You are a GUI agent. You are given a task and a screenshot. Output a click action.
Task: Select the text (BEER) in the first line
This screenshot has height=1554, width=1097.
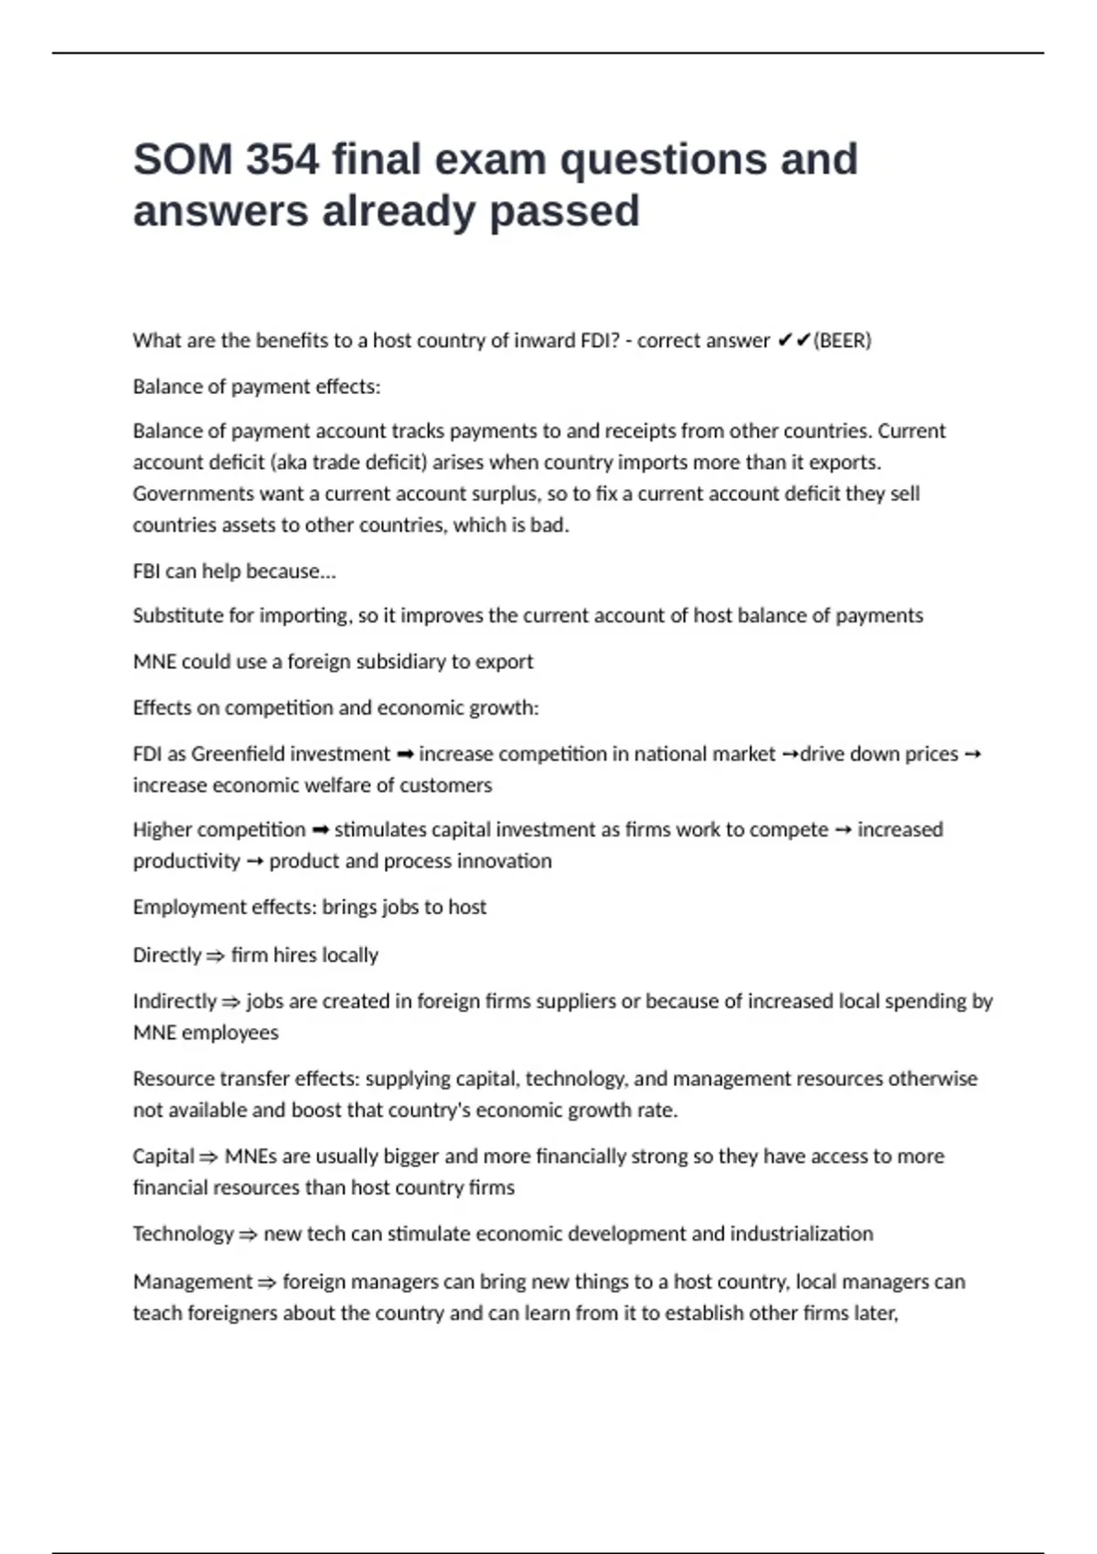pos(842,341)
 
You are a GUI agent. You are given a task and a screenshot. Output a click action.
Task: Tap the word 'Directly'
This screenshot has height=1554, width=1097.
pos(166,955)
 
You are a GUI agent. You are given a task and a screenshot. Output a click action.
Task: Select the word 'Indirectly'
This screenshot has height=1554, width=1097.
pos(175,1002)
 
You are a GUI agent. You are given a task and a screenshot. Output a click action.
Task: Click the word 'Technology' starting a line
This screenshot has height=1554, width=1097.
pos(183,1234)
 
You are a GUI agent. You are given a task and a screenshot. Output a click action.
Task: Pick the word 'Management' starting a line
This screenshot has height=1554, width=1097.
pos(192,1282)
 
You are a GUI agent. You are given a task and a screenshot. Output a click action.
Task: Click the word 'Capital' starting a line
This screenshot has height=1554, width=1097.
pos(164,1156)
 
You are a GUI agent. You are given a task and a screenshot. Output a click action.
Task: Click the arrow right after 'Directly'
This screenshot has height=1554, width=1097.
pos(215,956)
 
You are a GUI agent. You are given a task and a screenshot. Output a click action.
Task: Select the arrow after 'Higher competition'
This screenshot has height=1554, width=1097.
pos(320,830)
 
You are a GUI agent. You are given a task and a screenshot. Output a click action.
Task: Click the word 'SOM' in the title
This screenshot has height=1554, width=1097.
pos(183,160)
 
